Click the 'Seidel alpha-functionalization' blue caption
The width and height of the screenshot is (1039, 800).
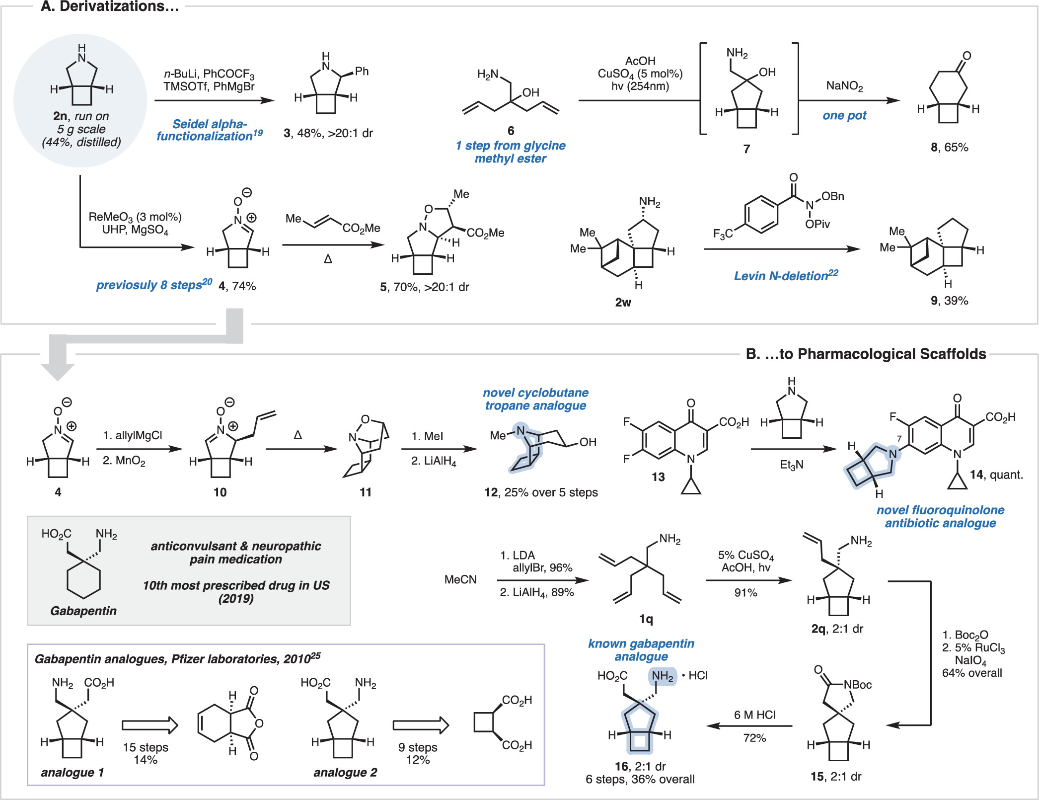209,130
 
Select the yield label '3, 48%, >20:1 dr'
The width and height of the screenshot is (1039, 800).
328,133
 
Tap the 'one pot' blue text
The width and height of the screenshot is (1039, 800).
844,116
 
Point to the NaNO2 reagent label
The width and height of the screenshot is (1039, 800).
844,86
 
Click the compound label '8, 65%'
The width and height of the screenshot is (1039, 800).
949,148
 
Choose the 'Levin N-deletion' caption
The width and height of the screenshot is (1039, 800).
786,276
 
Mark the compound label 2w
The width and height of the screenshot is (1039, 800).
623,302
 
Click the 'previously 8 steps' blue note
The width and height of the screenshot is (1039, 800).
153,285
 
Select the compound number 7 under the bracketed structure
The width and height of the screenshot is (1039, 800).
746,149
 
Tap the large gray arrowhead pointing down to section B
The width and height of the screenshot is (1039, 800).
58,371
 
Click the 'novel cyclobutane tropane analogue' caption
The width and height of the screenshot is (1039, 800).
535,400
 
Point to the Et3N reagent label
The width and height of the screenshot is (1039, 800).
791,465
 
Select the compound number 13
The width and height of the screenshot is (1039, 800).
658,477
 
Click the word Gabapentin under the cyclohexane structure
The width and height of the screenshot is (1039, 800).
83,611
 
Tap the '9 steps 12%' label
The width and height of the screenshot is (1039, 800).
418,753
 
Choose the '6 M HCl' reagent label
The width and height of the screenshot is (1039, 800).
754,715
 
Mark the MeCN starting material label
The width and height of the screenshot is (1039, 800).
460,579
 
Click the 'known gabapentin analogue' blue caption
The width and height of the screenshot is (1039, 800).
641,650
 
